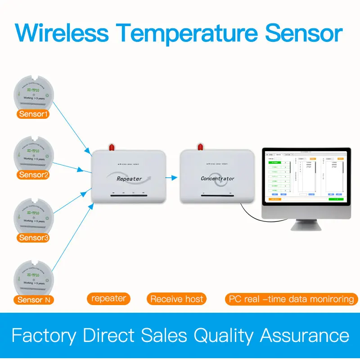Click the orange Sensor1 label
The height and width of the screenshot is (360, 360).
pyautogui.click(x=34, y=114)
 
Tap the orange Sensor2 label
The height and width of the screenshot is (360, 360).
pyautogui.click(x=34, y=175)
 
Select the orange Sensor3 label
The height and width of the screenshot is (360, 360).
pyautogui.click(x=34, y=238)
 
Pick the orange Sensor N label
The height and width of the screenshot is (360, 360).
pyautogui.click(x=34, y=299)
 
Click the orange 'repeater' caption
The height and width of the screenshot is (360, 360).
pyautogui.click(x=108, y=298)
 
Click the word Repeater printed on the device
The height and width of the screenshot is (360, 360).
pyautogui.click(x=129, y=179)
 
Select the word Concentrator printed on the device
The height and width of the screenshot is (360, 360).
pyautogui.click(x=217, y=179)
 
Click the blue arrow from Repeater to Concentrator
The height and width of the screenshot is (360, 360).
pyautogui.click(x=171, y=177)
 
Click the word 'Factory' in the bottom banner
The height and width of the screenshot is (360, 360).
pyautogui.click(x=44, y=336)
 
